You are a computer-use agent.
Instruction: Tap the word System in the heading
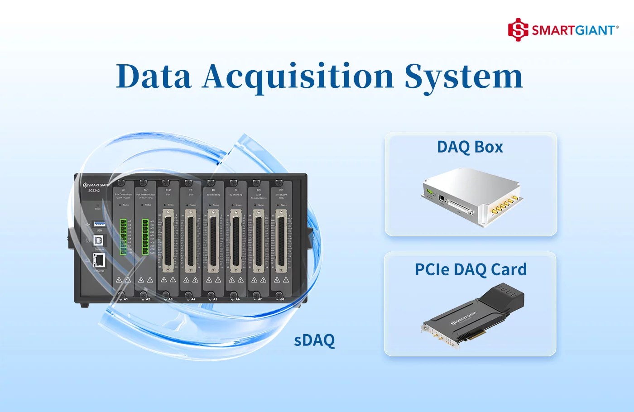click(463, 77)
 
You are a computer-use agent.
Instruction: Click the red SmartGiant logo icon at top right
click(518, 30)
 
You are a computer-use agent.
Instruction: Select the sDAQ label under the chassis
click(314, 340)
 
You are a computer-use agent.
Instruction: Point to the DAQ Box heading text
click(470, 147)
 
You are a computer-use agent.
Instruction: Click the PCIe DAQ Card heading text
click(471, 269)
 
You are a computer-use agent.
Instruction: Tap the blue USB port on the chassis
click(99, 224)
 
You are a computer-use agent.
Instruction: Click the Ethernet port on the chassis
click(99, 260)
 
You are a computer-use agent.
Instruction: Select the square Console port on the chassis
click(98, 241)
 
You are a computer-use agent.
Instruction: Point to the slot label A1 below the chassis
click(125, 299)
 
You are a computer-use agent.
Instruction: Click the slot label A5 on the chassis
click(215, 299)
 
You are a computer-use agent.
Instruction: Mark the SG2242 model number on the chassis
click(94, 191)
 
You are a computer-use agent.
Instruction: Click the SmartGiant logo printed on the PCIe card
click(464, 318)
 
